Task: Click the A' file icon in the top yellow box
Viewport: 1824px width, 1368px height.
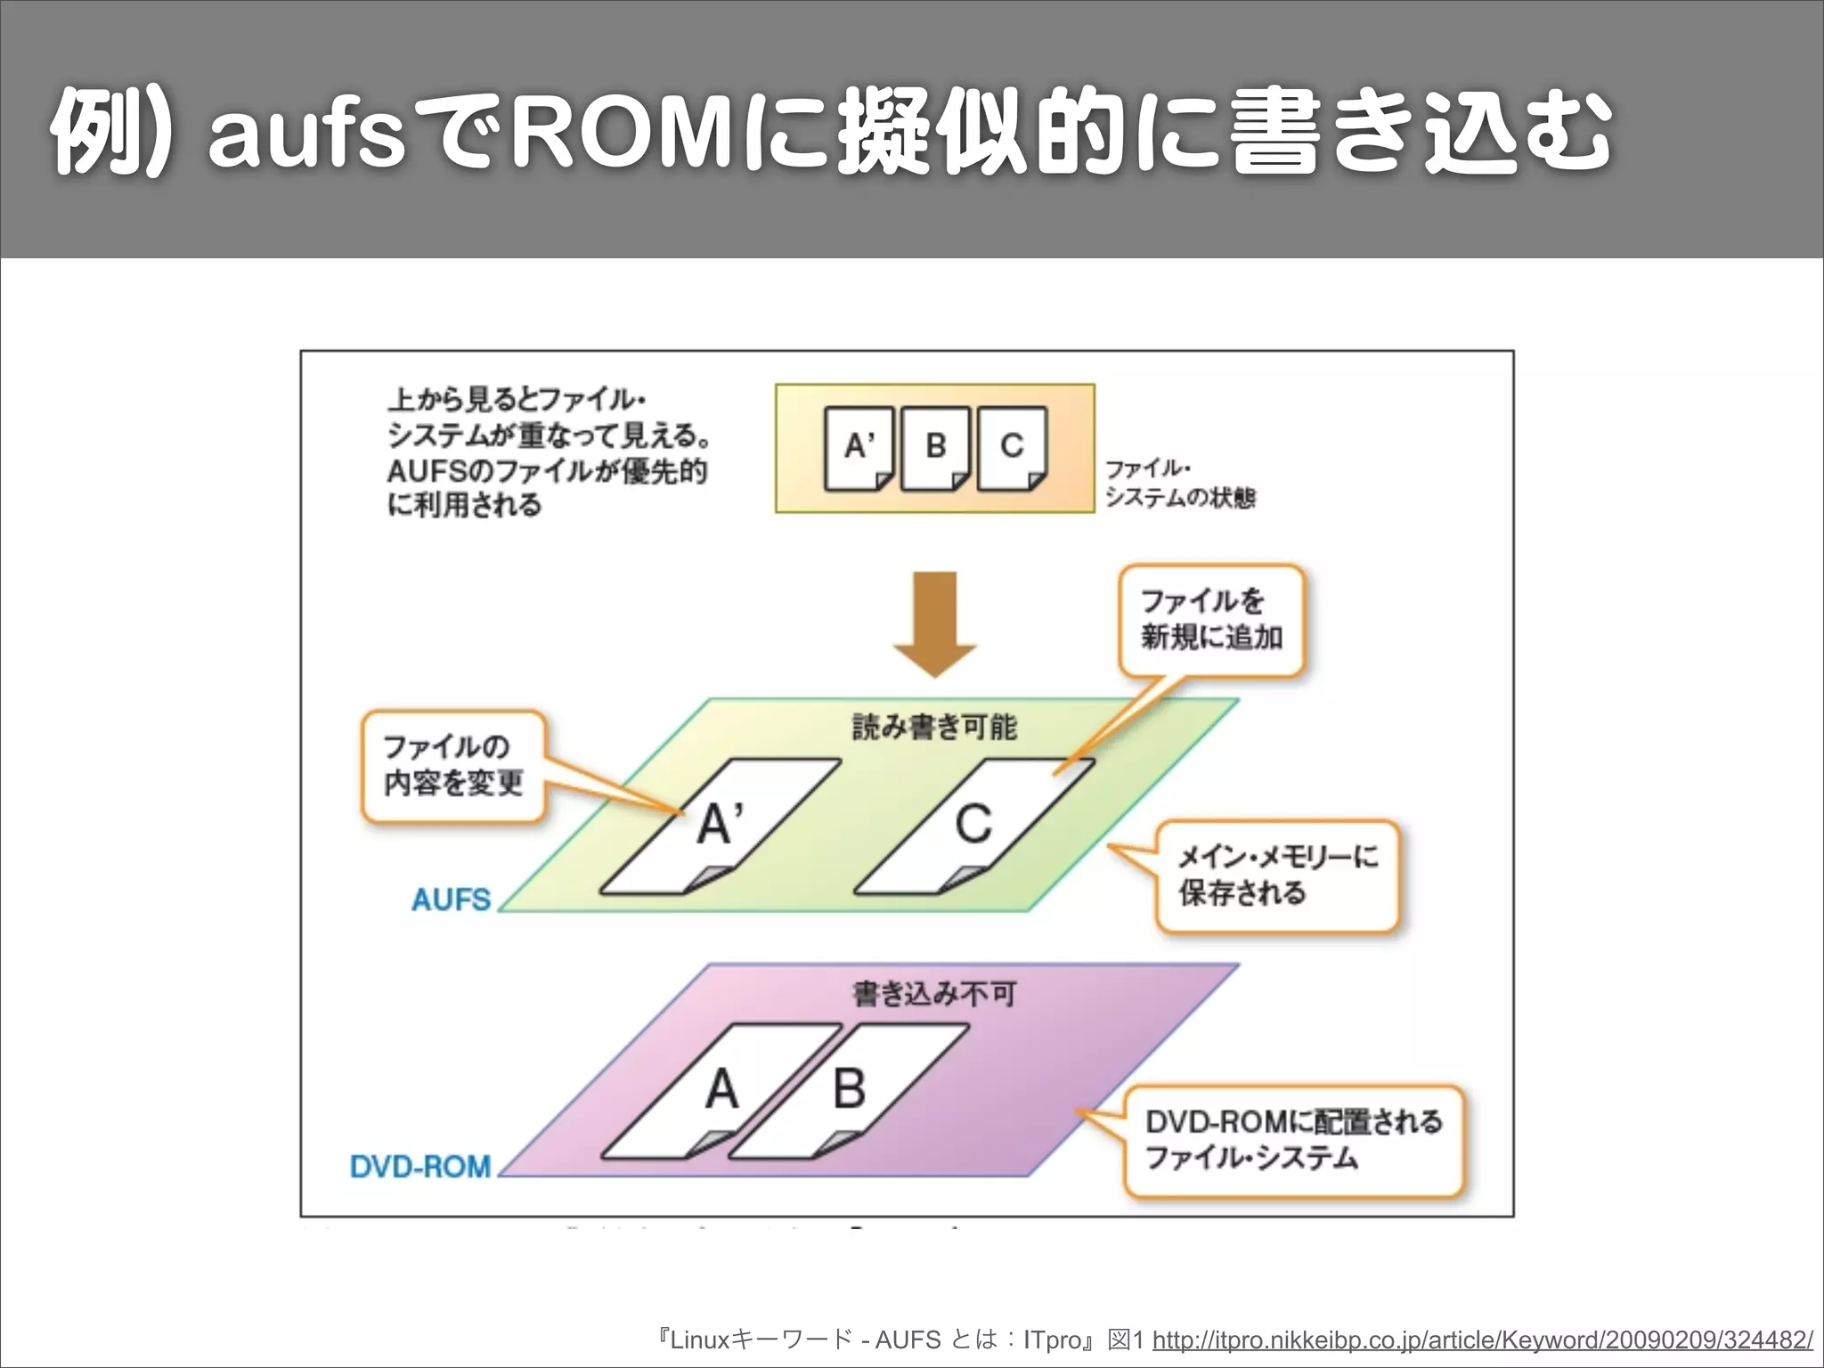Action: coord(859,448)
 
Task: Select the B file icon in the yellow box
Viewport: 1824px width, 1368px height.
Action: coord(935,448)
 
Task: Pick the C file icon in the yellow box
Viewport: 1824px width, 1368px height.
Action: coord(1012,448)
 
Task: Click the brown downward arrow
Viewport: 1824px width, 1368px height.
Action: coord(934,624)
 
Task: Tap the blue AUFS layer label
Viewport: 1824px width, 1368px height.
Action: coord(451,900)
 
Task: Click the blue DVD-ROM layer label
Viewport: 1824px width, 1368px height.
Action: coord(420,1166)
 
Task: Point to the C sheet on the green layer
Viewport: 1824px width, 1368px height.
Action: coord(974,826)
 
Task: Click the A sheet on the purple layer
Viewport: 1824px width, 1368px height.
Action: coord(721,1091)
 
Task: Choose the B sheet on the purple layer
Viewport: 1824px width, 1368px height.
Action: coord(849,1091)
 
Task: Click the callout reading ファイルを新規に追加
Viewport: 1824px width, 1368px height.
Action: coord(1211,621)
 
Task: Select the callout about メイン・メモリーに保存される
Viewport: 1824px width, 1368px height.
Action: coord(1277,876)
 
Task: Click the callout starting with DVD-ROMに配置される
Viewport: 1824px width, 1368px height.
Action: coord(1293,1141)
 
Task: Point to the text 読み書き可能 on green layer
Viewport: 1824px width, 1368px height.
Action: coord(933,728)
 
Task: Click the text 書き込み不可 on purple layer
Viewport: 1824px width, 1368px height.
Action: coord(933,994)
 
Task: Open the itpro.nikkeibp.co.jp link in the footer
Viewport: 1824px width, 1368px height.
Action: coord(1482,1339)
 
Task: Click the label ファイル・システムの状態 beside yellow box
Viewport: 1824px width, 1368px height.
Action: coord(1179,484)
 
